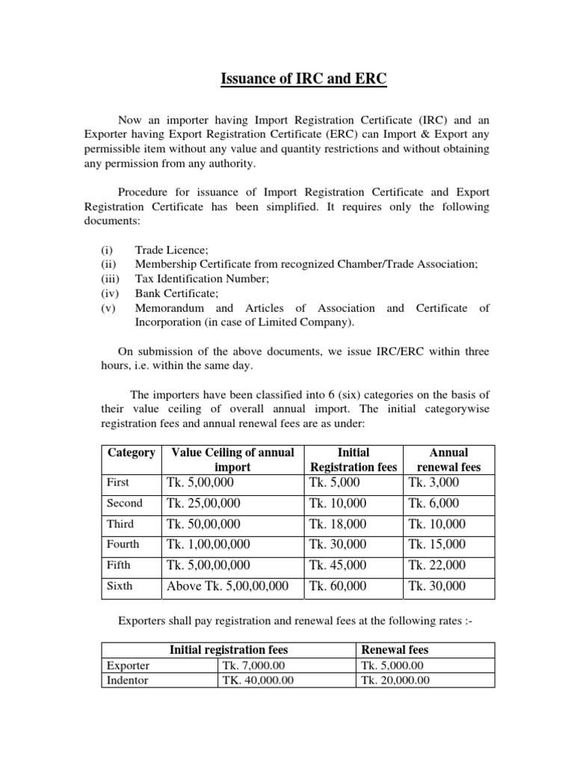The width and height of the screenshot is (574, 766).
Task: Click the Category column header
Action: [132, 453]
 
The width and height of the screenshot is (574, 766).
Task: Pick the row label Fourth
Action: [123, 545]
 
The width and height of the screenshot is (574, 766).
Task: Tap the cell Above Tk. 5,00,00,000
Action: [228, 586]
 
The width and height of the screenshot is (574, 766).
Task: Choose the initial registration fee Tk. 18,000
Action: [338, 524]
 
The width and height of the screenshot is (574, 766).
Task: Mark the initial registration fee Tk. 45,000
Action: [338, 566]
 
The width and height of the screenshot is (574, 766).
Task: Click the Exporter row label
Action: [129, 665]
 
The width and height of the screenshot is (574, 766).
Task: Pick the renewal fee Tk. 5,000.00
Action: [392, 665]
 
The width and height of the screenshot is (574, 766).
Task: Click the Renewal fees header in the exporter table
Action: [395, 649]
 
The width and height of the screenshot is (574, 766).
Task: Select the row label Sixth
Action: [120, 586]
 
